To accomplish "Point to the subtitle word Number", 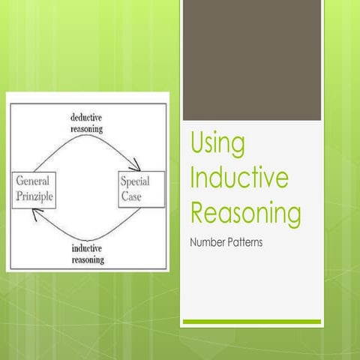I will click(x=211, y=243).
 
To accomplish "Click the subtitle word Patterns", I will click(x=250, y=243).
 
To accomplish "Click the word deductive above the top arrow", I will click(x=97, y=118).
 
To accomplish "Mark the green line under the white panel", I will click(x=251, y=322).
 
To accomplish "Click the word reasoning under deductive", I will click(x=97, y=128).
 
